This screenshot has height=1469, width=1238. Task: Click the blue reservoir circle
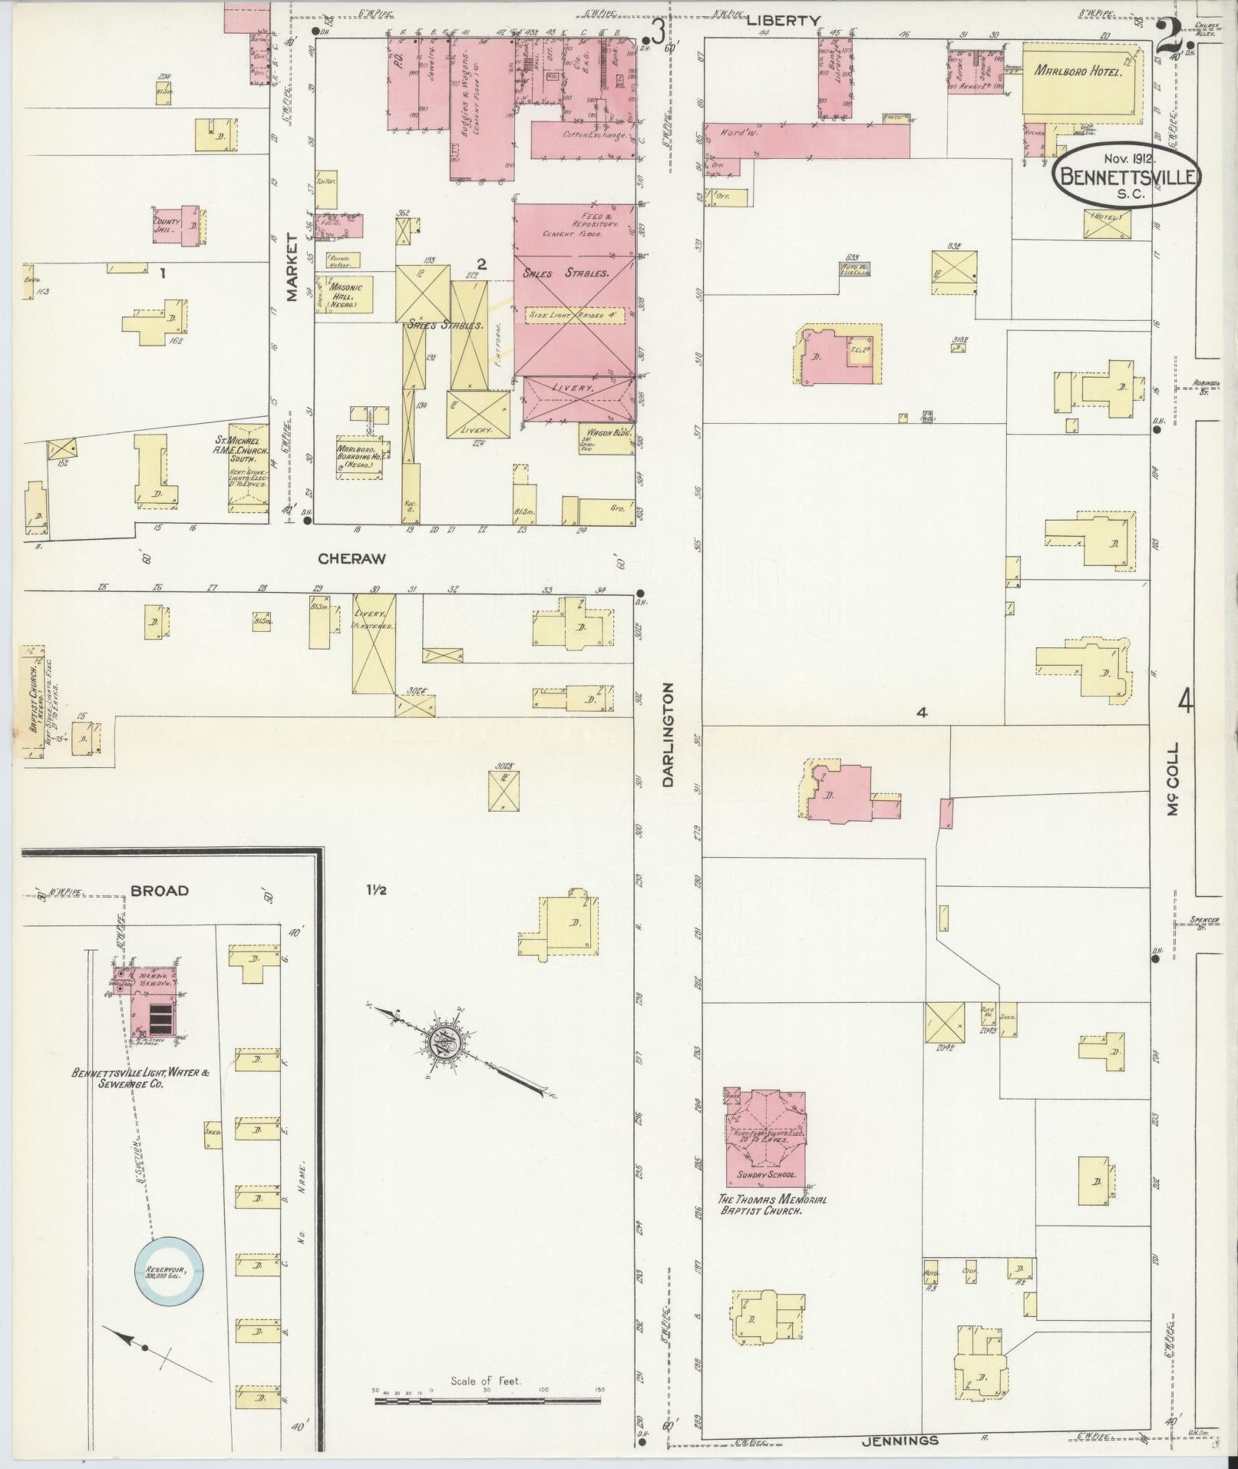(170, 1271)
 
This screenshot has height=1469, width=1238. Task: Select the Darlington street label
(667, 735)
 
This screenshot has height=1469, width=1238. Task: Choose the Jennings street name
(900, 1441)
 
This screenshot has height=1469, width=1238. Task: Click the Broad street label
(160, 891)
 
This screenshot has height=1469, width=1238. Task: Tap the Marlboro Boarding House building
(358, 458)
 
